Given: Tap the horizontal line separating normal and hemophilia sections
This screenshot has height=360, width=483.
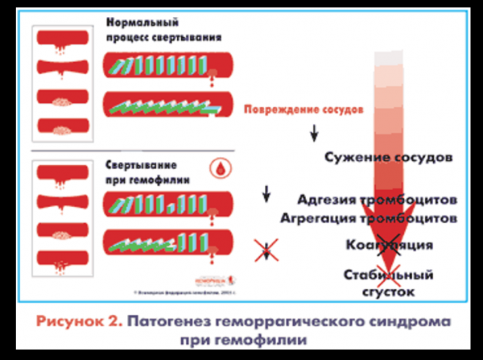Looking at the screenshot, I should (x=133, y=151).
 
